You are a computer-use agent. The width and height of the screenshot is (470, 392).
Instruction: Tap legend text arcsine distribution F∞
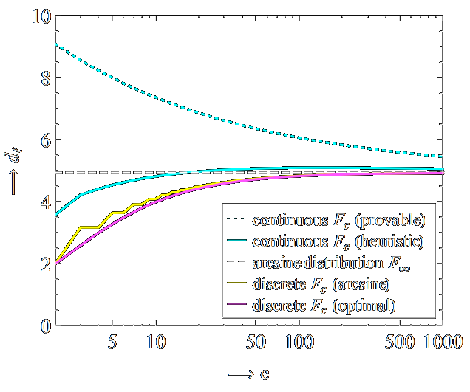(330, 263)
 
